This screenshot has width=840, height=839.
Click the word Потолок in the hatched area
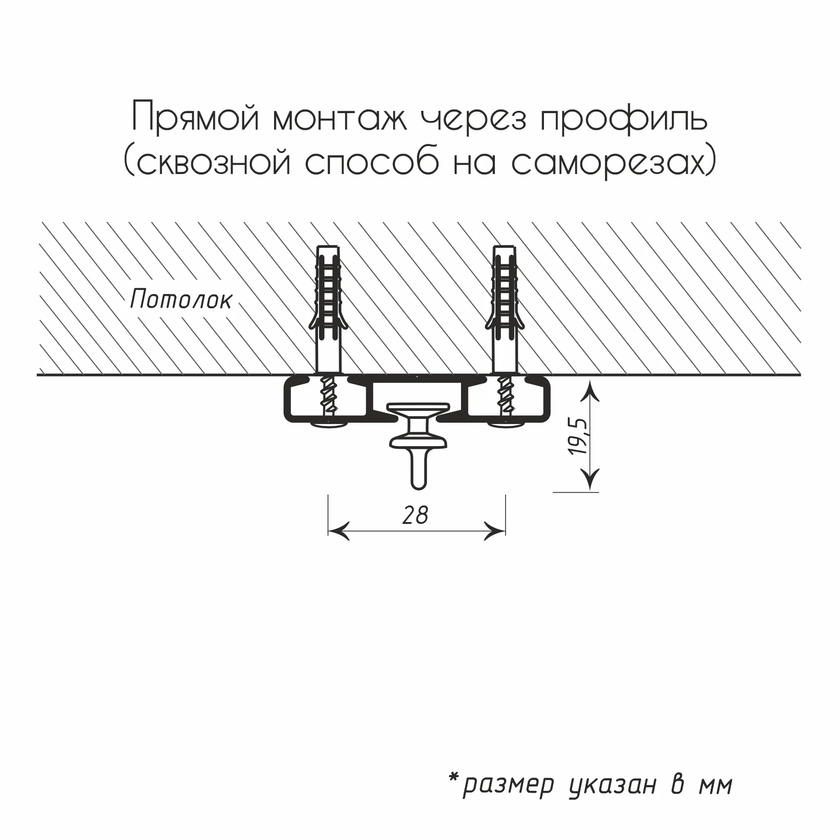[181, 300]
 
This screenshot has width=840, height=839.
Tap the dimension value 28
[415, 516]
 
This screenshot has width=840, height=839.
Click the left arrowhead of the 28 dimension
[338, 531]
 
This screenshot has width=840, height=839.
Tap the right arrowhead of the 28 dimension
[494, 531]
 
